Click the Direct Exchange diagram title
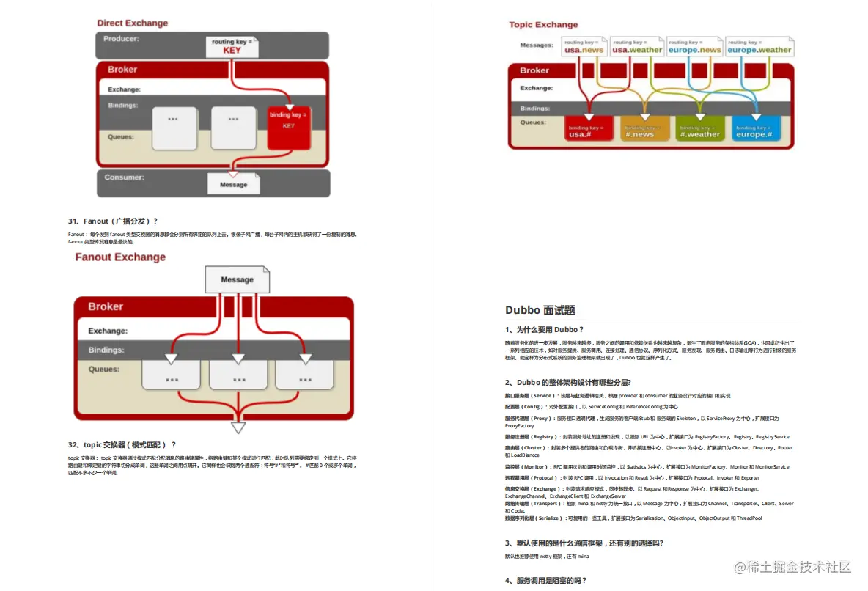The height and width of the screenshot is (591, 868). tap(133, 23)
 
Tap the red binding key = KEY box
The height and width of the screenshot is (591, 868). tap(289, 125)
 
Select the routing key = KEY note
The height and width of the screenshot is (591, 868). tap(232, 46)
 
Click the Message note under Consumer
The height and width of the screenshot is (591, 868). tap(234, 184)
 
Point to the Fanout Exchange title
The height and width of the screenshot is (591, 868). tap(120, 257)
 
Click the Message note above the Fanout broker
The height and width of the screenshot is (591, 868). tap(237, 279)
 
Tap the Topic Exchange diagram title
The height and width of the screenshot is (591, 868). tap(543, 25)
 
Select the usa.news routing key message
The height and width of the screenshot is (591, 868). tap(584, 47)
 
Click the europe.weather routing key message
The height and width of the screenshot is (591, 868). tap(759, 47)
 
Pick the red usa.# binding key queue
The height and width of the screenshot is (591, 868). tap(589, 129)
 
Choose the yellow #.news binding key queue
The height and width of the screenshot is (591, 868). tap(645, 129)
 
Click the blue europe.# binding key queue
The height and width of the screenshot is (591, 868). tap(755, 129)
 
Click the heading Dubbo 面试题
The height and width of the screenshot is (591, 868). tap(540, 310)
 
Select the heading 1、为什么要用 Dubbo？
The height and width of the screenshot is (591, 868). tap(545, 330)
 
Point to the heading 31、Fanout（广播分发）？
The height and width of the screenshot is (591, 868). tap(113, 221)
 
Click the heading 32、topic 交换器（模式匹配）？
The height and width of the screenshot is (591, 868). tap(122, 444)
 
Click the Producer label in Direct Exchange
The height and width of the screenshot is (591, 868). tap(122, 38)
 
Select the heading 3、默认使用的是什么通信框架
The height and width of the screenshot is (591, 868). tap(584, 543)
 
